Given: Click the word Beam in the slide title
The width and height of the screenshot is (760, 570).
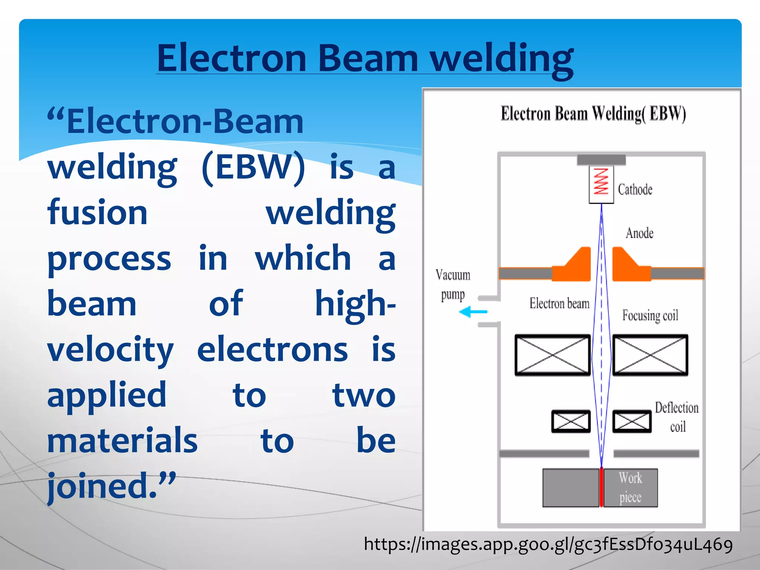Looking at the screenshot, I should tap(368, 59).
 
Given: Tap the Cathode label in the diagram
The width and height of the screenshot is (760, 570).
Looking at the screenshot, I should tap(635, 190).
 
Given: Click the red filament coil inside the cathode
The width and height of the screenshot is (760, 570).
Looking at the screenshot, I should tap(600, 181).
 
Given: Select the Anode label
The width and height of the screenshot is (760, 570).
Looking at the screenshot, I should tap(639, 233).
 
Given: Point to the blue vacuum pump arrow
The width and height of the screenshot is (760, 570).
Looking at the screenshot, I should tap(473, 311).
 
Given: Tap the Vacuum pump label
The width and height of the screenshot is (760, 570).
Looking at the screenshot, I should tap(453, 285).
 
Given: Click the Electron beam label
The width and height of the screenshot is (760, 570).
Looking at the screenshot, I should tap(559, 304).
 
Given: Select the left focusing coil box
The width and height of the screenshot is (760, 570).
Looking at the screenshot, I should tap(553, 355).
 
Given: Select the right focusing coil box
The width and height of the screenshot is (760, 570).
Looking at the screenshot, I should tap(650, 355).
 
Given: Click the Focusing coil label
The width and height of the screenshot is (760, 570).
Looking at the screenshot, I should tap(650, 316).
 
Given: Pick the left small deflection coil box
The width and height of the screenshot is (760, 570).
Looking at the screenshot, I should tap(571, 421).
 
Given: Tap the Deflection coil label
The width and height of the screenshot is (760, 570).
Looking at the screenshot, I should tap(677, 417).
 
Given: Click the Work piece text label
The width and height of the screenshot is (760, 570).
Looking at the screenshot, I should tap(630, 487).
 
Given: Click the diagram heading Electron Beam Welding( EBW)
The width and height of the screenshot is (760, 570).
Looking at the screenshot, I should tap(593, 114).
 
